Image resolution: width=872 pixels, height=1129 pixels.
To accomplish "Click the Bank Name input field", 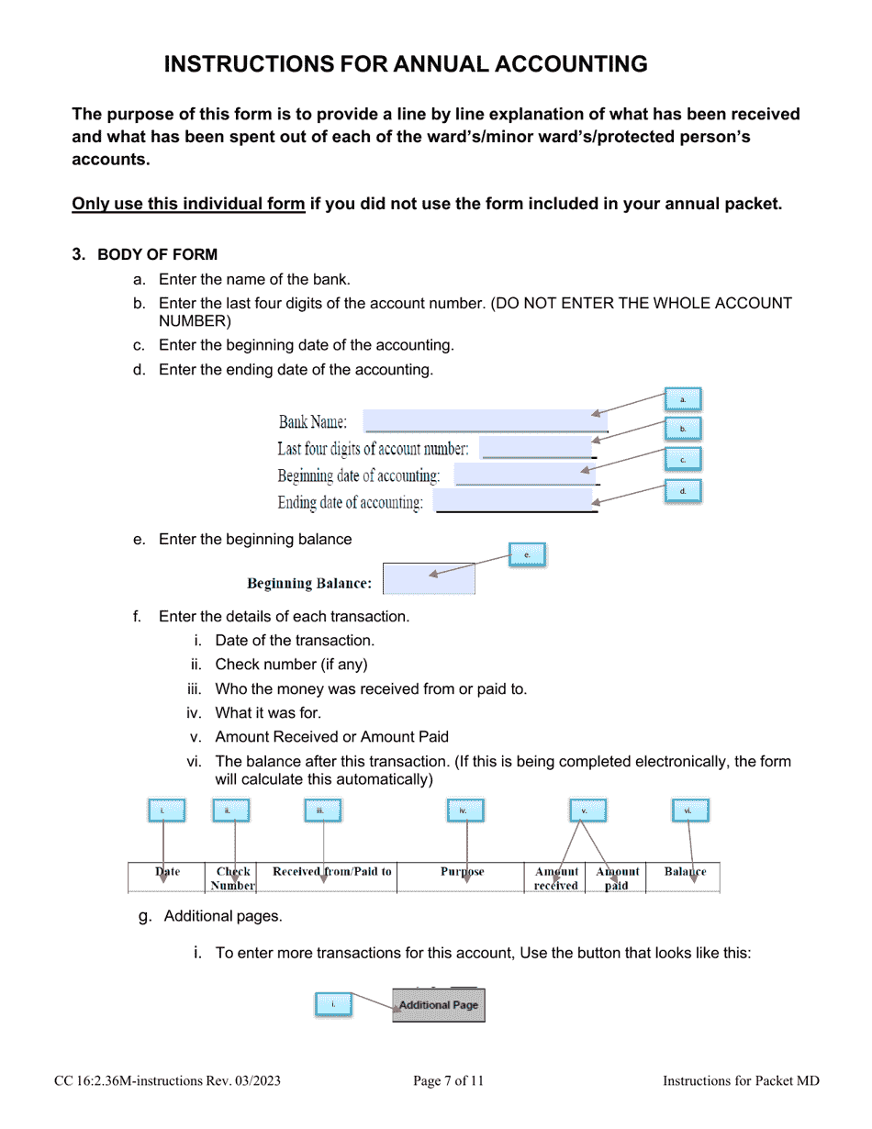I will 485,420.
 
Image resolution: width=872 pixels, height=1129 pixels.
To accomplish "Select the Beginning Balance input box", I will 428,579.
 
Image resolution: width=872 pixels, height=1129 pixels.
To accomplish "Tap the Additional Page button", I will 438,1005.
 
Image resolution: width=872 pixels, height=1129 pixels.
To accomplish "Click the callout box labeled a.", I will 682,399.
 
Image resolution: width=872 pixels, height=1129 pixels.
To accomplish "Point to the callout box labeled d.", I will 682,492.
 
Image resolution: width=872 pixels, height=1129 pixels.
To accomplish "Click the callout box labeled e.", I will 527,554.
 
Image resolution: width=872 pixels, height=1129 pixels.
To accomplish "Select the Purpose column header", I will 463,872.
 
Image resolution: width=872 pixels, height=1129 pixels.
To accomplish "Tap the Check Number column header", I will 233,878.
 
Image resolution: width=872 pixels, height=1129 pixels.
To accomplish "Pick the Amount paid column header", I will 618,878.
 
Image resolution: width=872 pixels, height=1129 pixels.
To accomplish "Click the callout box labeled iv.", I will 465,810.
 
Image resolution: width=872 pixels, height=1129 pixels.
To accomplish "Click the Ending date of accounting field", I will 514,501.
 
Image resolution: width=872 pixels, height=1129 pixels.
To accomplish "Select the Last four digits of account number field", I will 538,448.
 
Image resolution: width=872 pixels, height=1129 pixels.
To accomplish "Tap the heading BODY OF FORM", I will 157,254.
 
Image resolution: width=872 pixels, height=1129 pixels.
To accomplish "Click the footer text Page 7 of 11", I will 448,1081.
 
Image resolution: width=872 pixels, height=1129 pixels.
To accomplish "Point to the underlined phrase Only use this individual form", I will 188,204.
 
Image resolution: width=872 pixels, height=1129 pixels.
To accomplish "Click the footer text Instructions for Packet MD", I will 741,1081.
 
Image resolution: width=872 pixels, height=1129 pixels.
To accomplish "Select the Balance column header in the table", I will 685,872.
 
